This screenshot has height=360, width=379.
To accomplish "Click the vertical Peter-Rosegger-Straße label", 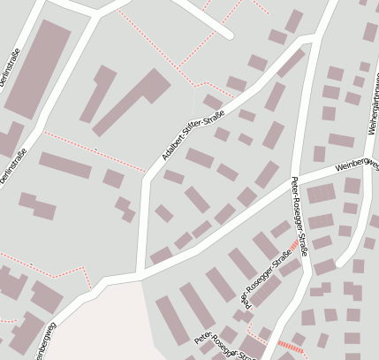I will click(299, 217).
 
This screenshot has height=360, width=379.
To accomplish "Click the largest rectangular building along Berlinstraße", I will click(39, 69).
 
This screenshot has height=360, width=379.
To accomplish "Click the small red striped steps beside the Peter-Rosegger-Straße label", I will click(293, 245).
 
